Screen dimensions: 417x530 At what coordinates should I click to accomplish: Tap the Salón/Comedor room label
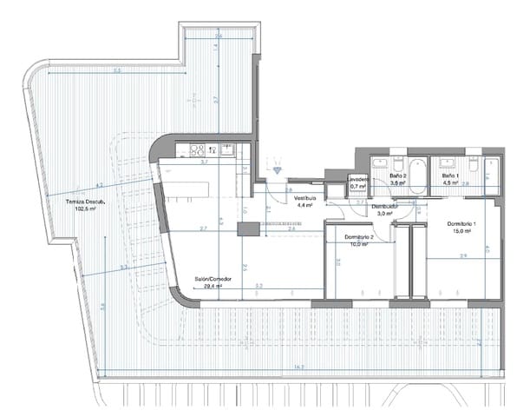pyautogui.click(x=213, y=279)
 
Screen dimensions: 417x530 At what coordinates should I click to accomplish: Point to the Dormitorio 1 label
pyautogui.click(x=462, y=224)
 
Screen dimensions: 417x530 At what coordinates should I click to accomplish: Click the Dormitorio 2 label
pyautogui.click(x=358, y=237)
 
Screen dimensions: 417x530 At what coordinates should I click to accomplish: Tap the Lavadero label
pyautogui.click(x=359, y=179)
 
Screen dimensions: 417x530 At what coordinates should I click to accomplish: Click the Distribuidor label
pyautogui.click(x=384, y=206)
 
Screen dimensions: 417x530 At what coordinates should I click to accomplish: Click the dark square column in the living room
pyautogui.click(x=247, y=228)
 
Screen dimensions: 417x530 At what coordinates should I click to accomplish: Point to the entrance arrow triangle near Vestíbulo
pyautogui.click(x=276, y=171)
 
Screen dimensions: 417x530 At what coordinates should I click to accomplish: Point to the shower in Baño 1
pyautogui.click(x=491, y=175)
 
